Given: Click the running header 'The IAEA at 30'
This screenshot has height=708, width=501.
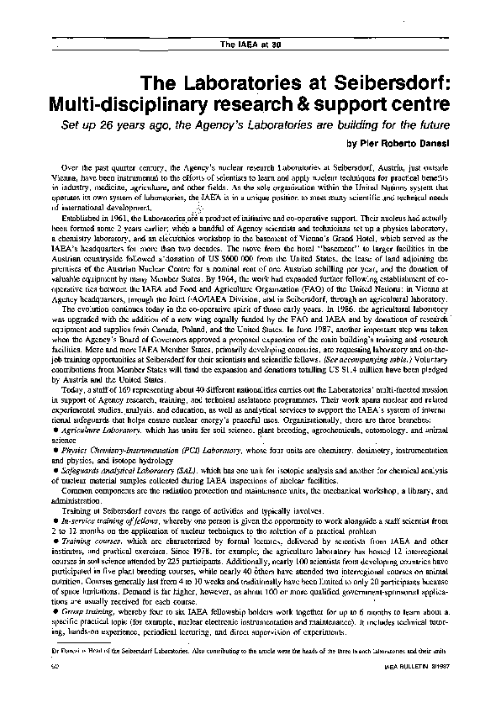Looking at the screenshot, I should (250, 44).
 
